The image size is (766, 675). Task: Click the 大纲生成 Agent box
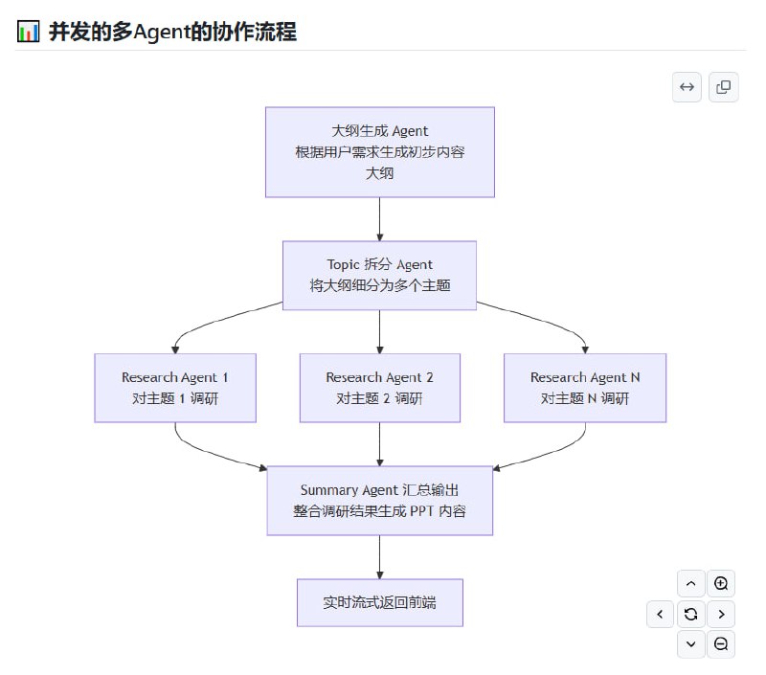(x=379, y=152)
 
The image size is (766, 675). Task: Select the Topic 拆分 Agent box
(x=379, y=275)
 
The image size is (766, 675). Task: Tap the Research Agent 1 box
(x=175, y=388)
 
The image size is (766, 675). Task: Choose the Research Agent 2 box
(x=379, y=388)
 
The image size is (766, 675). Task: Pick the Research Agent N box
(x=585, y=388)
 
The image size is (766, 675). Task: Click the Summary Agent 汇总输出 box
(x=379, y=500)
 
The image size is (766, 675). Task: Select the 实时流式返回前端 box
(x=379, y=602)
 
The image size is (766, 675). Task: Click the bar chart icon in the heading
(x=29, y=32)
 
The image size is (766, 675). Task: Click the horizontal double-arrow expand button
(x=687, y=87)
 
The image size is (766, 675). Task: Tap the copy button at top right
(x=723, y=87)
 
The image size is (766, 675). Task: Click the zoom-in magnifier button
(x=721, y=583)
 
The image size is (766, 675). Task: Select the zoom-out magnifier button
(x=721, y=644)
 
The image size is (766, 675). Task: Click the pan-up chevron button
(x=690, y=583)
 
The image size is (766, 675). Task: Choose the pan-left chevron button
(x=660, y=614)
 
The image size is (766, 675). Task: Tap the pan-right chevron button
(x=721, y=614)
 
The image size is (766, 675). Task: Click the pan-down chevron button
(x=690, y=644)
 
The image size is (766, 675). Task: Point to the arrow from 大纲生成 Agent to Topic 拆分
(x=380, y=219)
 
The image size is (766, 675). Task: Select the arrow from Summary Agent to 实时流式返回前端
(x=380, y=556)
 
